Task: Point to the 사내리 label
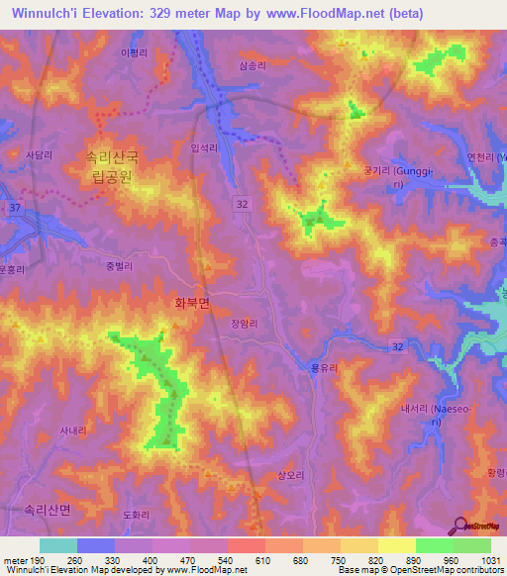[x=72, y=430]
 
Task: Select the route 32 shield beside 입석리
[x=242, y=202]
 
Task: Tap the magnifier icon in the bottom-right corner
[x=461, y=526]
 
